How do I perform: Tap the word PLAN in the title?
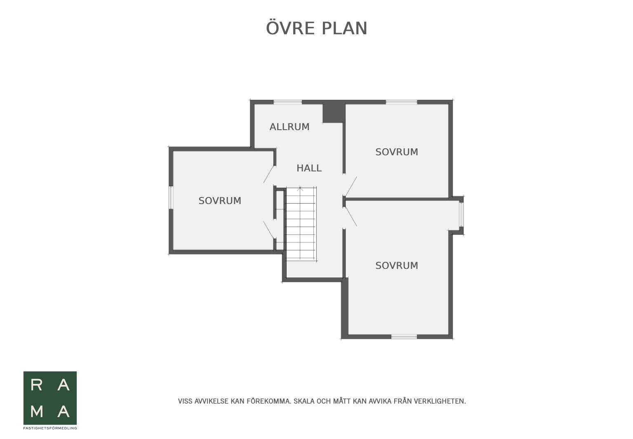344,28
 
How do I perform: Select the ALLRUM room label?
289,127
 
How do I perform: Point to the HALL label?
309,168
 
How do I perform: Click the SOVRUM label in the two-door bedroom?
220,201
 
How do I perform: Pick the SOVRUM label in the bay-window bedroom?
397,266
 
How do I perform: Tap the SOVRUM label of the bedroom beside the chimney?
397,152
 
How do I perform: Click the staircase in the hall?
301,223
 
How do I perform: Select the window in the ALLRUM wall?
288,102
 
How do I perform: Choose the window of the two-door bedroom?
171,197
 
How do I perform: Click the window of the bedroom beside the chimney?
402,102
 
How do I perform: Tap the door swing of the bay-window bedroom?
351,217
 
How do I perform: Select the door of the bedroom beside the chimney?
351,186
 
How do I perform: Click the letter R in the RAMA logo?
36,385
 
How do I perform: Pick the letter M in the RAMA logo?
37,412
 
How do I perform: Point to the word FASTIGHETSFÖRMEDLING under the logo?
50,428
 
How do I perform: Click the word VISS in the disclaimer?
185,401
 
